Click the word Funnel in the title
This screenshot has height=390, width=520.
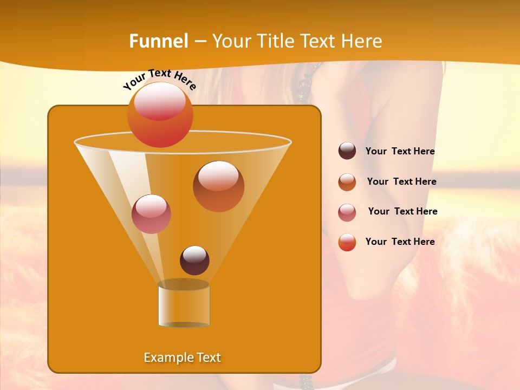click(158, 41)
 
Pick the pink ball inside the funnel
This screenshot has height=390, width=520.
click(151, 214)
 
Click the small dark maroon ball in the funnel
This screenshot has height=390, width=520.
click(194, 261)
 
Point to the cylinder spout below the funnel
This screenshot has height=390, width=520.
click(184, 304)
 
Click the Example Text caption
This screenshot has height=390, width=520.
click(182, 357)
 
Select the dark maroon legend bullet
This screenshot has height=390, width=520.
click(347, 151)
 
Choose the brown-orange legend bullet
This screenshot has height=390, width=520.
click(347, 182)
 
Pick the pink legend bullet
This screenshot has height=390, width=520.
click(347, 212)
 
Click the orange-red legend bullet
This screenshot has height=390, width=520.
click(347, 242)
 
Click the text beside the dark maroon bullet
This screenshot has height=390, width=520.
click(400, 152)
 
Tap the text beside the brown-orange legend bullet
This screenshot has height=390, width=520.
click(401, 182)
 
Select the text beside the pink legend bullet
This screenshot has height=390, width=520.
click(402, 212)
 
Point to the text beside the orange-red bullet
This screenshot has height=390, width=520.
click(400, 242)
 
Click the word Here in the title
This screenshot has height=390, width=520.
click(361, 41)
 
